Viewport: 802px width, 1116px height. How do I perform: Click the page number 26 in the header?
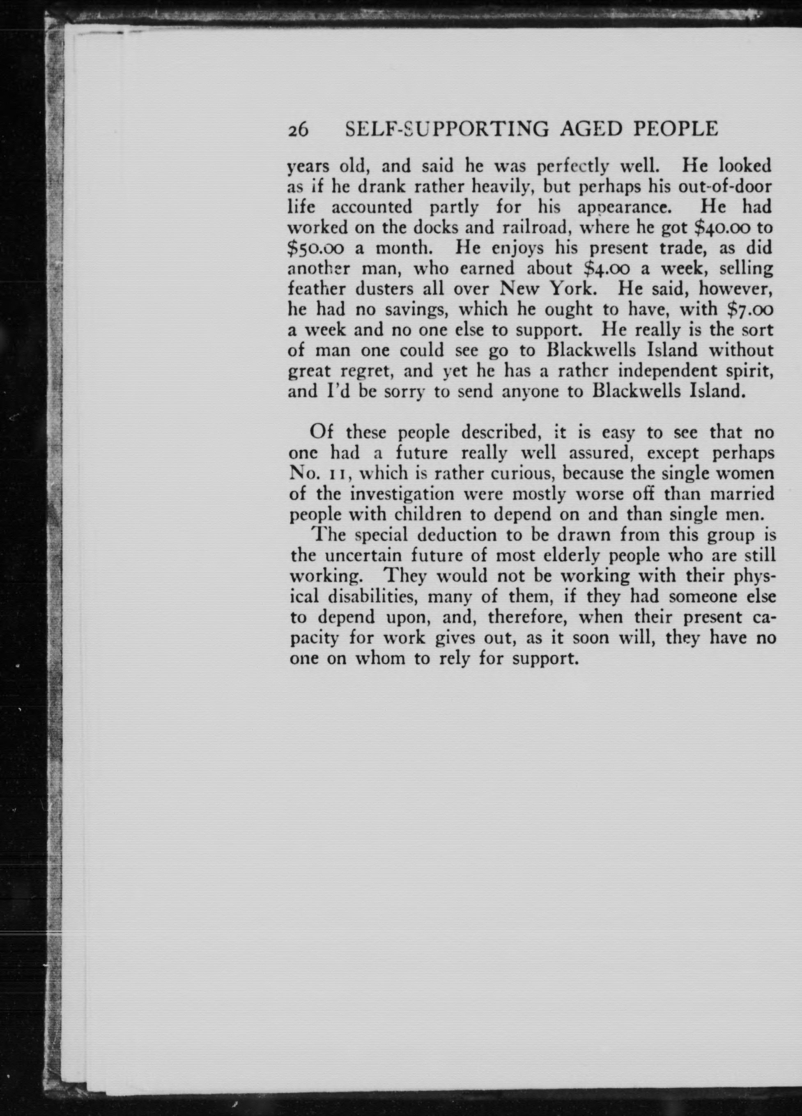tap(298, 129)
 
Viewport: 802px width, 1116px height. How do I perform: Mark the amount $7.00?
tap(746, 310)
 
